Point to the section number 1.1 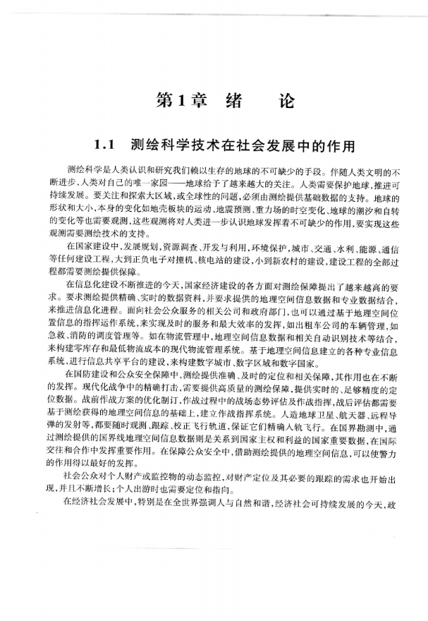105,147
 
